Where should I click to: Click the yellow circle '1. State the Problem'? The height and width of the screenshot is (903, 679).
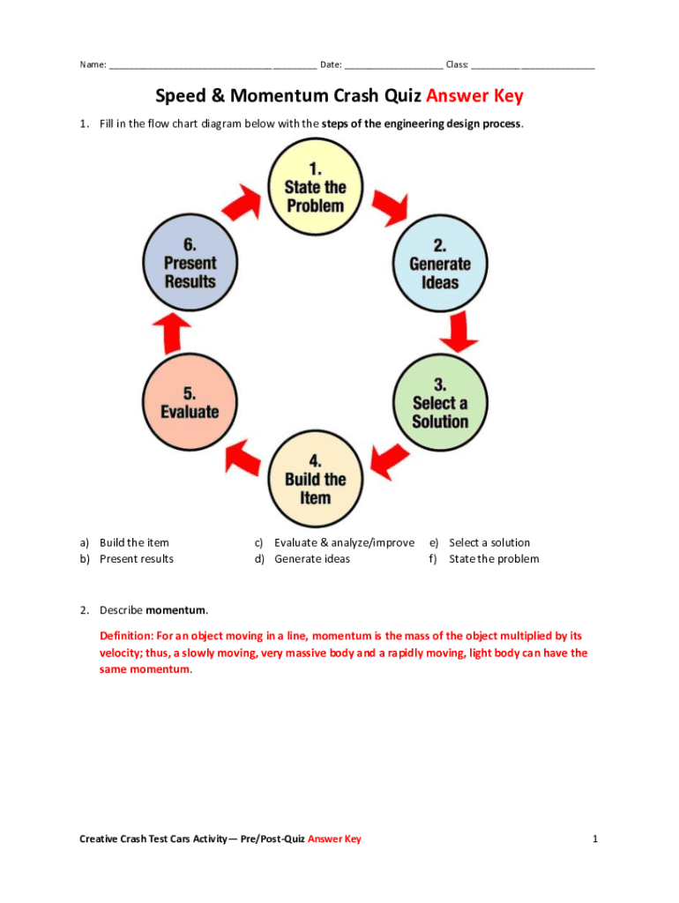tap(315, 187)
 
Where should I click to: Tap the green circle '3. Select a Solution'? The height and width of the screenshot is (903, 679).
tap(439, 404)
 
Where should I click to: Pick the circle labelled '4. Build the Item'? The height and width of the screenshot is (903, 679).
tap(315, 479)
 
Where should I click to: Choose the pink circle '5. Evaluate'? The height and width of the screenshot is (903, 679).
tap(190, 402)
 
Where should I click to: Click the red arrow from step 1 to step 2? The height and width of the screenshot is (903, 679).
tap(388, 208)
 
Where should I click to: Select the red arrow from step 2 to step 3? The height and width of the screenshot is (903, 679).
tap(459, 332)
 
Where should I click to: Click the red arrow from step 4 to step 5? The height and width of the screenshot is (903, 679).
tap(243, 456)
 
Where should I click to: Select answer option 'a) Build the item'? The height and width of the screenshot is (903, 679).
tap(134, 542)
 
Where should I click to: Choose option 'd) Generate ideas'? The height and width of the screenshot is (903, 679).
tap(311, 558)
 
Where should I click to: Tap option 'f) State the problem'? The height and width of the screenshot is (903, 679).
tap(493, 558)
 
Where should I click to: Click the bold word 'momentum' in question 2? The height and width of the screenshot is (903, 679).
tap(176, 610)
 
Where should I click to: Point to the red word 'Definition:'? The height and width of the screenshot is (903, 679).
tap(129, 635)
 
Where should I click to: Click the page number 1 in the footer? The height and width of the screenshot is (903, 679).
tap(595, 839)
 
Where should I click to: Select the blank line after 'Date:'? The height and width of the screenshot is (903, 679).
tap(393, 65)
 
